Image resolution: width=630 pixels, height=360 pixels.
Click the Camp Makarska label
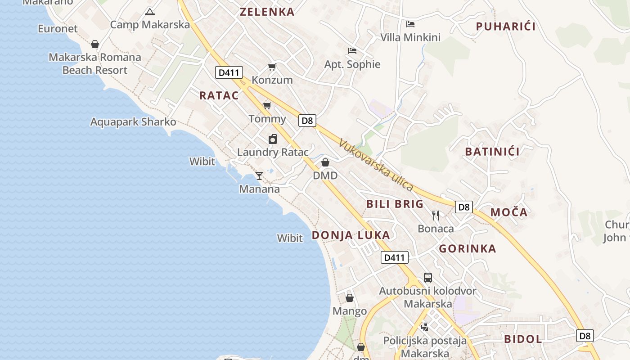pos(150,24)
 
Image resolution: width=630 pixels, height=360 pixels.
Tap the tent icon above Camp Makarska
pos(150,12)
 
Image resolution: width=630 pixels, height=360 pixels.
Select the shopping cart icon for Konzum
pos(272,67)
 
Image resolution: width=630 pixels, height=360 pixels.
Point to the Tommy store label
pos(267,119)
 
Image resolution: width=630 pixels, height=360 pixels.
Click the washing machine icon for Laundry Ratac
pos(273,139)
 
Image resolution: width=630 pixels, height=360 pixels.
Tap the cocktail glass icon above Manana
pos(259,175)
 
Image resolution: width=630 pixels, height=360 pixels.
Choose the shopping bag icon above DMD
pos(325,162)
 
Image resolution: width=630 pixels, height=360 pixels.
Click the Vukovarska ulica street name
pos(376,165)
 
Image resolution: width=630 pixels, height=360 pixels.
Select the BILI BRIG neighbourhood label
pos(395,204)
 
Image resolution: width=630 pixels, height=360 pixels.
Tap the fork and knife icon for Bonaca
pos(436,216)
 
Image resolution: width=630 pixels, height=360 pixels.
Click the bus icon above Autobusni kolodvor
pos(427,278)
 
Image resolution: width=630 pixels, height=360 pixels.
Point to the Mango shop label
pos(350,311)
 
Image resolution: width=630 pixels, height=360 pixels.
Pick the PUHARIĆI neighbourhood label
pos(506,27)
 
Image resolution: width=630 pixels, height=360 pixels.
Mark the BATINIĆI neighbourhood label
pos(492,152)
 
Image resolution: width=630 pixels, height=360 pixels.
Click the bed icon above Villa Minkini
pos(410,24)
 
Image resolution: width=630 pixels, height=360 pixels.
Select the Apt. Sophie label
pos(352,64)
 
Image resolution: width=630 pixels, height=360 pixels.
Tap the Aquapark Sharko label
pos(133,122)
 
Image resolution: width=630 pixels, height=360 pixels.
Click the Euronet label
pos(58,29)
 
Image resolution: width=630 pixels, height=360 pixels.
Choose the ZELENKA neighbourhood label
pos(267,12)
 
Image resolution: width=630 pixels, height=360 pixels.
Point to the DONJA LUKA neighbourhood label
pos(351,235)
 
